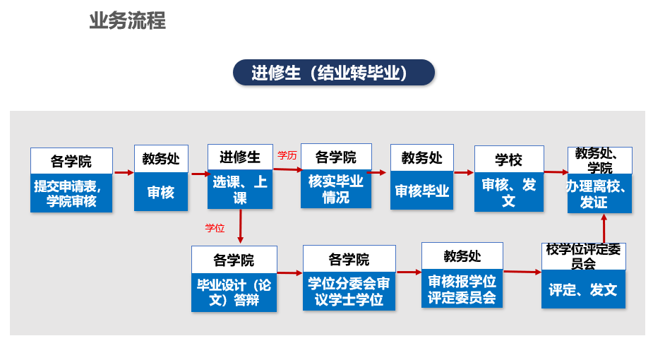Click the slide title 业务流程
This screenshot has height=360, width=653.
click(x=128, y=20)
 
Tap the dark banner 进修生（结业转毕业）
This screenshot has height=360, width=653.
click(x=334, y=73)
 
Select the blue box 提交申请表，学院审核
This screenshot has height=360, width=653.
click(x=71, y=193)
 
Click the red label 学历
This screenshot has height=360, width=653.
click(x=287, y=156)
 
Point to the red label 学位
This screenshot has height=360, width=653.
click(x=215, y=228)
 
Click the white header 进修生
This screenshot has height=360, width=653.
click(x=240, y=157)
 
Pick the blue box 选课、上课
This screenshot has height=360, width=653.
click(x=240, y=189)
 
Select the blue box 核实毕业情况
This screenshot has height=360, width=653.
click(x=336, y=189)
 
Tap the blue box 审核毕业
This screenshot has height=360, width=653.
click(x=422, y=190)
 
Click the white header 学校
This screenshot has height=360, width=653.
click(x=509, y=160)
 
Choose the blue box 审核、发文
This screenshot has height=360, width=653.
click(x=509, y=192)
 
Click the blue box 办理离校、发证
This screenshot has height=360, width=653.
click(x=599, y=193)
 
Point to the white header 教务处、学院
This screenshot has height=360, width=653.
click(x=599, y=161)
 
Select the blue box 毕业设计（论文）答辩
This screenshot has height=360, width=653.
click(x=234, y=292)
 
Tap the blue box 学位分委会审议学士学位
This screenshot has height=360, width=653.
click(x=349, y=292)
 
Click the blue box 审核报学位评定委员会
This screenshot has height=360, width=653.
click(x=462, y=289)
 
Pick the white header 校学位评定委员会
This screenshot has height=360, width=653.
click(x=583, y=257)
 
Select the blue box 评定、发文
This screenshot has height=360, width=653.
click(x=583, y=289)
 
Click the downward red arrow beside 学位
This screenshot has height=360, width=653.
click(x=240, y=226)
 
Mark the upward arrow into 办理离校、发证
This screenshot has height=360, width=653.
click(x=604, y=229)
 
